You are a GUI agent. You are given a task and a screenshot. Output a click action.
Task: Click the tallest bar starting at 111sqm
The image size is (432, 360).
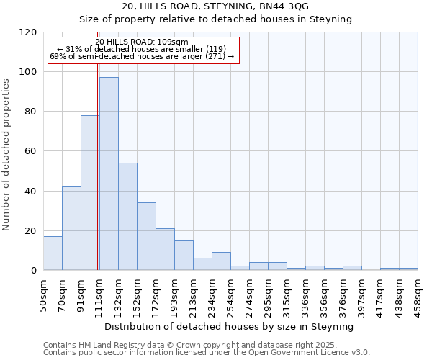click(109, 174)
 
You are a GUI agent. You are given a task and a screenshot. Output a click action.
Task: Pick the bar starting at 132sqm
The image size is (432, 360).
click(127, 217)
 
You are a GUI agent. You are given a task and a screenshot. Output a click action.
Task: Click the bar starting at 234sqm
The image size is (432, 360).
click(221, 261)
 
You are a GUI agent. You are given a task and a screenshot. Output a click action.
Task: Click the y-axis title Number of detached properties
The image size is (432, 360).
click(7, 155)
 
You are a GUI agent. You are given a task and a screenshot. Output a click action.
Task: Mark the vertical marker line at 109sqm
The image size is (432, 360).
click(97, 180)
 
